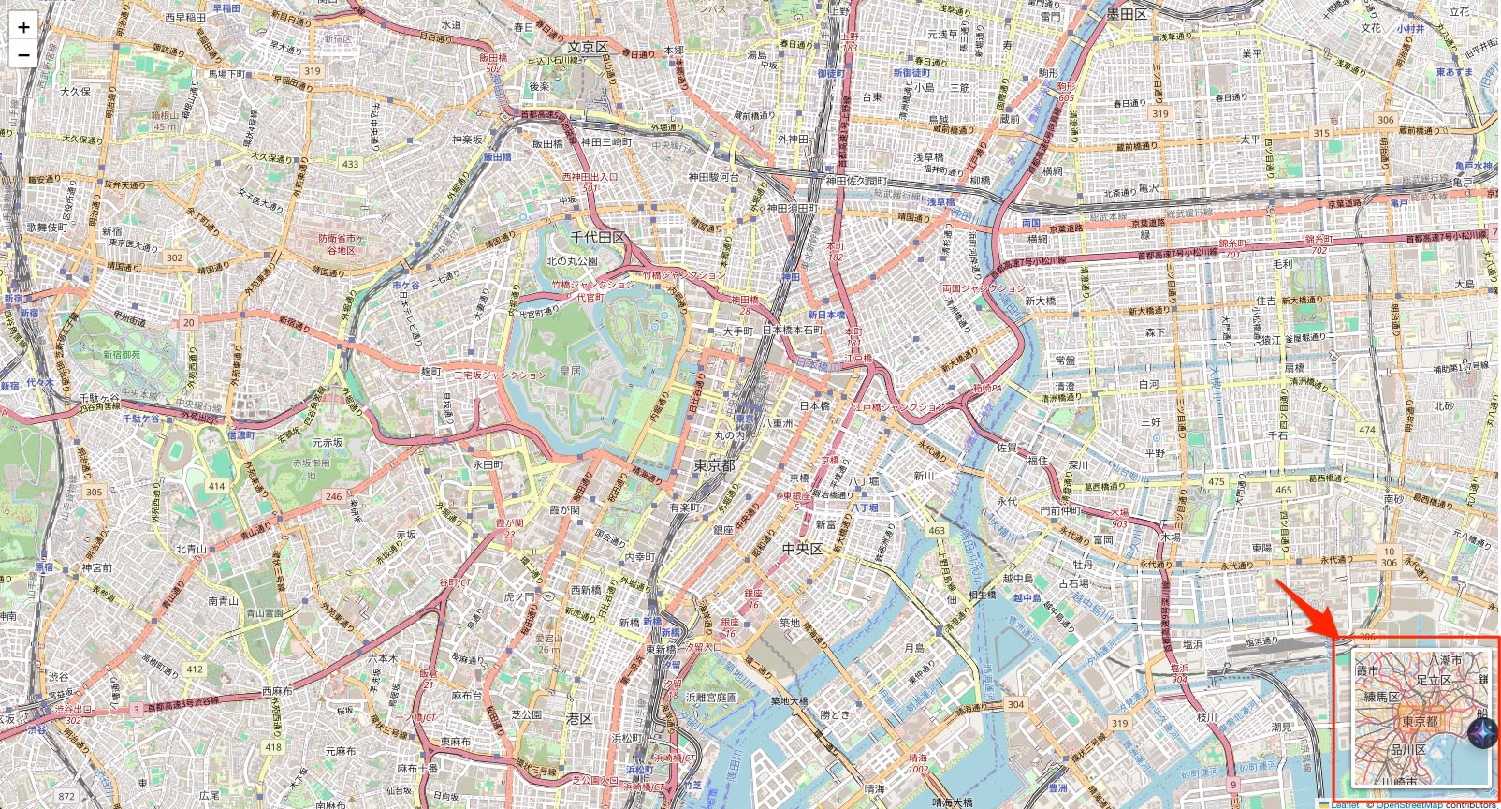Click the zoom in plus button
click(x=23, y=27)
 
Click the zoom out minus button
click(x=23, y=54)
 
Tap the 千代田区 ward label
click(x=597, y=238)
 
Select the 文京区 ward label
click(x=588, y=47)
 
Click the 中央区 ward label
click(x=802, y=549)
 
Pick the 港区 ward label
click(x=579, y=718)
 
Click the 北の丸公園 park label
click(x=572, y=261)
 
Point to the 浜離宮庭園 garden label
click(x=711, y=698)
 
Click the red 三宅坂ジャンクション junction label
click(x=500, y=375)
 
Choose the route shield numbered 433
click(x=350, y=164)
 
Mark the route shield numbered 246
click(x=334, y=496)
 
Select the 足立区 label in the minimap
click(x=1433, y=679)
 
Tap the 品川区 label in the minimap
click(x=1407, y=749)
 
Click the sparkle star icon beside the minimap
click(x=1481, y=733)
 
